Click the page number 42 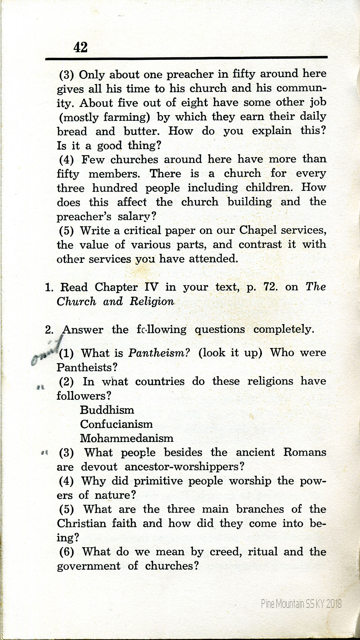(x=80, y=47)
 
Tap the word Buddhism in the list (x=107, y=410)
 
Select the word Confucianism (x=116, y=424)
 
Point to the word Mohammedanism (x=127, y=438)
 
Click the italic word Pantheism (x=159, y=353)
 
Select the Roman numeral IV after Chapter (x=151, y=287)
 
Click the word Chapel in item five (x=258, y=230)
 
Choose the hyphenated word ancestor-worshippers (x=184, y=467)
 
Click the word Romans (x=304, y=452)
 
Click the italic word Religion (x=152, y=301)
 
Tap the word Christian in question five (x=82, y=524)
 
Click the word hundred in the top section (x=115, y=188)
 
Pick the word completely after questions (x=283, y=330)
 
